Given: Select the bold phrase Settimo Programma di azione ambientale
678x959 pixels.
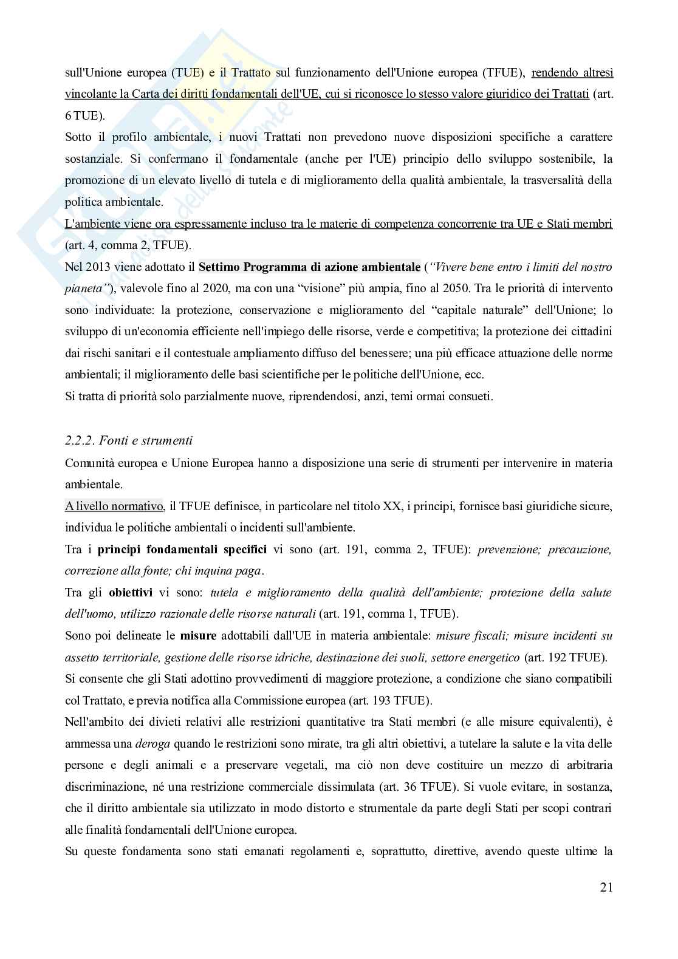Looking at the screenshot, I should (309, 267).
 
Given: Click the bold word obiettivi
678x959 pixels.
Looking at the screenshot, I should (131, 592).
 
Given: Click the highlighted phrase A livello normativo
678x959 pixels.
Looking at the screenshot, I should (114, 506).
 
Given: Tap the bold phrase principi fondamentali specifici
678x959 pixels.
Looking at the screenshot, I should (182, 550).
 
